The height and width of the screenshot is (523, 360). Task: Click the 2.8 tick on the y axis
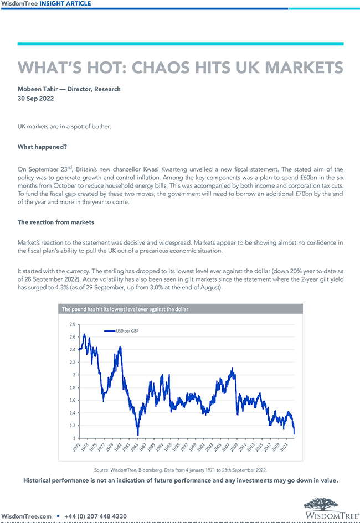click(x=72, y=324)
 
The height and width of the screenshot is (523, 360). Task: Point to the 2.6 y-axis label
click(x=72, y=337)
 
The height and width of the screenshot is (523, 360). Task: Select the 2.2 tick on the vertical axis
click(x=72, y=362)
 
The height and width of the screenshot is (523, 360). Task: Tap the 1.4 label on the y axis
click(x=72, y=413)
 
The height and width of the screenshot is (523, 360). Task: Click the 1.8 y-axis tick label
click(x=72, y=387)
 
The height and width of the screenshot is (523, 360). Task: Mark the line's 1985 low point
click(x=138, y=434)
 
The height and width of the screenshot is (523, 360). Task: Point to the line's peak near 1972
click(x=84, y=334)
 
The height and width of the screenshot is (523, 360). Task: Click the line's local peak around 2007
click(x=232, y=369)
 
